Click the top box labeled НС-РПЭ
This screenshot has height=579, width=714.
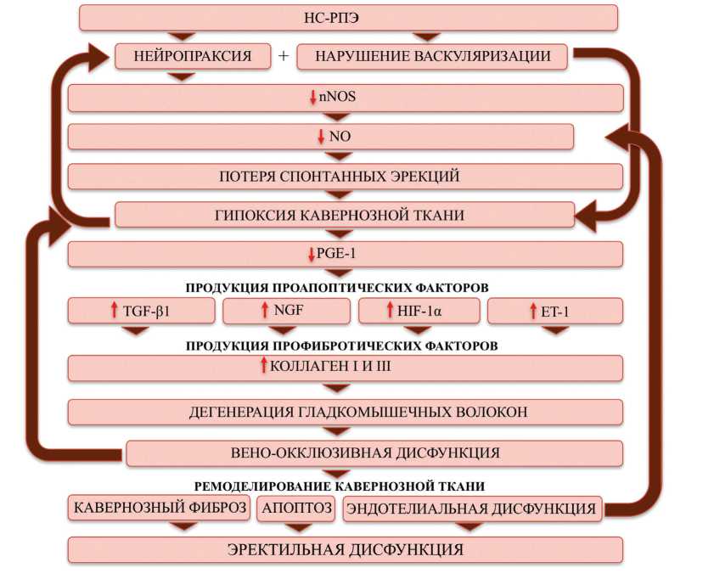pos(348,17)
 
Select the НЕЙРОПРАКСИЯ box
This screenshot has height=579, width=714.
pos(194,57)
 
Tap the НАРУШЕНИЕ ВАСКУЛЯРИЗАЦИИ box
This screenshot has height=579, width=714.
pos(433,57)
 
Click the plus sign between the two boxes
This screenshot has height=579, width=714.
pos(284,57)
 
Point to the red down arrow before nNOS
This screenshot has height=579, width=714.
pos(313,98)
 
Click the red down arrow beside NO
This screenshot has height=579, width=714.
pos(321,136)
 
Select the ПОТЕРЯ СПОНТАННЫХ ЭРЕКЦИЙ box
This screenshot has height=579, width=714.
pos(345,177)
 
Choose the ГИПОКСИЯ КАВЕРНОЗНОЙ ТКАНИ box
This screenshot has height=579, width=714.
pos(345,215)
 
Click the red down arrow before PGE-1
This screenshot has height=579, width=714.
pos(313,254)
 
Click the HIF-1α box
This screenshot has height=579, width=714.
pos(419,312)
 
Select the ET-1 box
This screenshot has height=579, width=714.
pos(554,312)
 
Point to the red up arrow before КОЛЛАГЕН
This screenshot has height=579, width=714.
pos(264,367)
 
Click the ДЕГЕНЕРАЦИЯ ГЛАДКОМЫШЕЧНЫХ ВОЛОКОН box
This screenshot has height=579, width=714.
pos(345,413)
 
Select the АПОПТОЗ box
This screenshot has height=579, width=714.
pos(296,509)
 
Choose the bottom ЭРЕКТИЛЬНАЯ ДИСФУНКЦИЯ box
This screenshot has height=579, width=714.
pos(345,549)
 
